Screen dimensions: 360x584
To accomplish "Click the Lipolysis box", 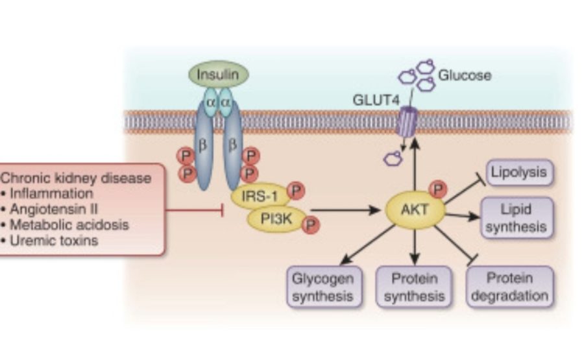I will (519, 173).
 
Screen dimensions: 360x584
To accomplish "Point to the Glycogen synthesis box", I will (322, 287).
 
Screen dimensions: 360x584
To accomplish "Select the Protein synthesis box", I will (413, 287).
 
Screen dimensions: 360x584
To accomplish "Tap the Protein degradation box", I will (511, 287).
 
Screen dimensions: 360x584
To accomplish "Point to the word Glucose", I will (465, 75).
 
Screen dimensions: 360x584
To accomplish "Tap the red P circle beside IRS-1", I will (296, 191).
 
